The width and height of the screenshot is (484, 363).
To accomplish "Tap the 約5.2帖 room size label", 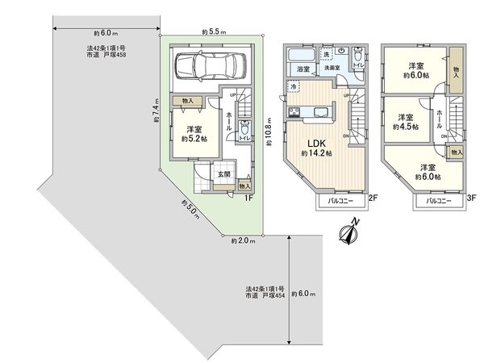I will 194,139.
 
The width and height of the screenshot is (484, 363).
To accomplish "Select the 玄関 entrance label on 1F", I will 223,173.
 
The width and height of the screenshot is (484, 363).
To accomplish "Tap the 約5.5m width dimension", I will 213,31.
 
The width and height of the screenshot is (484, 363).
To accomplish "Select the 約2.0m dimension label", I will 243,240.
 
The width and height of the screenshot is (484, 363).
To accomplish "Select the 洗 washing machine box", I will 327,54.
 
